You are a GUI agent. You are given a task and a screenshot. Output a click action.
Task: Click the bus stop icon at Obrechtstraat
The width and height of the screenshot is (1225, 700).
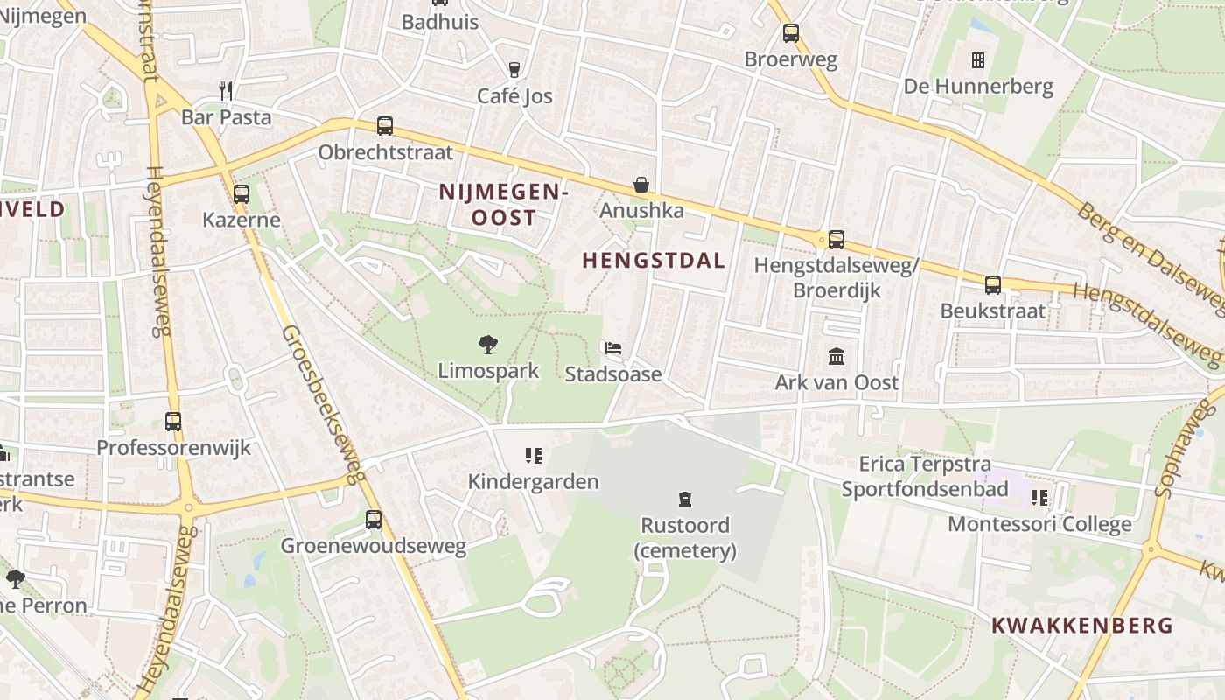coord(385,126)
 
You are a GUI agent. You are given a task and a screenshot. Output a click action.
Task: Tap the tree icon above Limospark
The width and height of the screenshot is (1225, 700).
coord(488,345)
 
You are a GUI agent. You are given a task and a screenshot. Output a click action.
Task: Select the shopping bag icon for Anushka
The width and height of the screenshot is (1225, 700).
coord(641,185)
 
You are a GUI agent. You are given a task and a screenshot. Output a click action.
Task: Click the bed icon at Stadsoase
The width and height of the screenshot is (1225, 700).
coord(613,348)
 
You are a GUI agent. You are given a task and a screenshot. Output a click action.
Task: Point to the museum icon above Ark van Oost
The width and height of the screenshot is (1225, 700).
coord(836,357)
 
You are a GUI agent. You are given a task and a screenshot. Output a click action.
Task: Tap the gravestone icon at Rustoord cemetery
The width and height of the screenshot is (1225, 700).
coord(685,500)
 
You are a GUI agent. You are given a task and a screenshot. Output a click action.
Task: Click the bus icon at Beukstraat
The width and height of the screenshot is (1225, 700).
coord(993,284)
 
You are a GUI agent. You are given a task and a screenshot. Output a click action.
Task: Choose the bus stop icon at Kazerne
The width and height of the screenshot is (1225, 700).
coord(241,193)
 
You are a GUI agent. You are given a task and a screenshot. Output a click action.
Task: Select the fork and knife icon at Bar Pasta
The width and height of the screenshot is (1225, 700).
coord(226,90)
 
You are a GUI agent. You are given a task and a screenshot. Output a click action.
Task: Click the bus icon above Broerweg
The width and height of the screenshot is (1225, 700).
coord(791,33)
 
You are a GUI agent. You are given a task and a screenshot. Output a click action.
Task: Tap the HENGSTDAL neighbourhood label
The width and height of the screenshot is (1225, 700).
coord(654,261)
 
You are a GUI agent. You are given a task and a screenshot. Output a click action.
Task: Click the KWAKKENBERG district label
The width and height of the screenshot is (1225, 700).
coord(1081,626)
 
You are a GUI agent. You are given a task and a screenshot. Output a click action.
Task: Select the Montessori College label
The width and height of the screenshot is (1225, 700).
coord(1039,524)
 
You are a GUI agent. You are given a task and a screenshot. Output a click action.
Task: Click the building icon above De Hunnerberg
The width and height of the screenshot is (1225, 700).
coord(978,60)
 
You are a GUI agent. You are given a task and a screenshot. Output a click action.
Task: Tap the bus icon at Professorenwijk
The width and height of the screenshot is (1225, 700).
coord(173,422)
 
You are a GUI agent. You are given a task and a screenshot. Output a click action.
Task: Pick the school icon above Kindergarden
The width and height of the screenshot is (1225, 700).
coord(534,455)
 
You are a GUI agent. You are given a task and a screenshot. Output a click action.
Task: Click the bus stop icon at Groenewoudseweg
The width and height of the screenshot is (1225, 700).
coord(374,520)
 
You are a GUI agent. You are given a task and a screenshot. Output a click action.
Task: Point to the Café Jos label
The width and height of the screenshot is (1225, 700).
coord(514,96)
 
